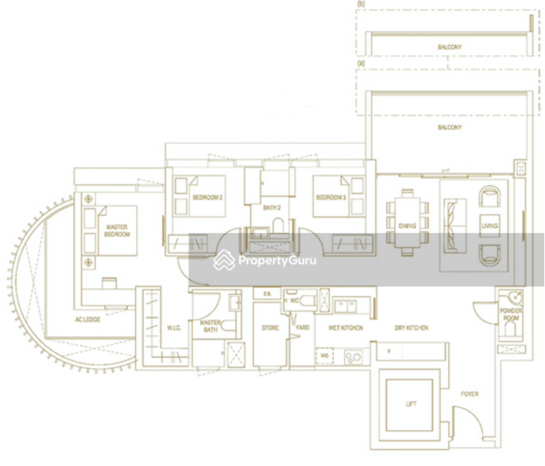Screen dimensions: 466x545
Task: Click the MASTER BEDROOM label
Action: [x=116, y=230]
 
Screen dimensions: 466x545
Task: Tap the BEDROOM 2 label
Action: [x=208, y=198]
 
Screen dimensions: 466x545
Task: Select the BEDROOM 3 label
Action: [x=331, y=198]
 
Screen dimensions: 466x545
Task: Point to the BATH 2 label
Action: [x=272, y=208]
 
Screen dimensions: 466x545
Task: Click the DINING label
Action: [x=408, y=226]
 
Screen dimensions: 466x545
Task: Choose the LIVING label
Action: [x=490, y=226]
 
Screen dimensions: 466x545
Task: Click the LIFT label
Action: [x=411, y=404]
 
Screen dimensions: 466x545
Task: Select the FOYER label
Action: [x=470, y=394]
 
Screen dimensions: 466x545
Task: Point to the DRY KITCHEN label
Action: [x=411, y=329]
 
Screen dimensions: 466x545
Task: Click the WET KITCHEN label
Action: [x=345, y=329]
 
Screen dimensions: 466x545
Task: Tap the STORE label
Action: [x=270, y=329]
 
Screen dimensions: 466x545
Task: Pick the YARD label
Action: [x=303, y=329]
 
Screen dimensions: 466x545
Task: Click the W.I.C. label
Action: [x=175, y=328]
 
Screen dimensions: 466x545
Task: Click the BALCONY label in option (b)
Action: [x=449, y=47]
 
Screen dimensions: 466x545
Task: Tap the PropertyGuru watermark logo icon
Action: [x=224, y=260]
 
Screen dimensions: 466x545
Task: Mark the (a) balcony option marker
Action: [x=361, y=62]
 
